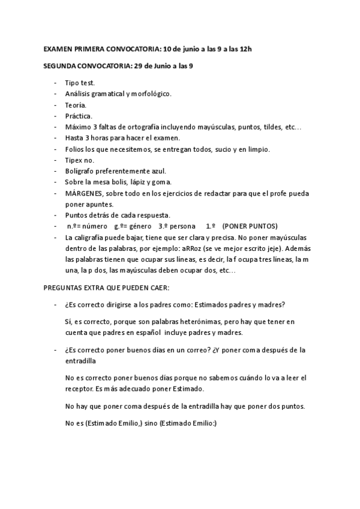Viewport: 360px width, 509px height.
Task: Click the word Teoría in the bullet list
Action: (x=76, y=104)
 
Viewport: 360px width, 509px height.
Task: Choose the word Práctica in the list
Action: (x=79, y=116)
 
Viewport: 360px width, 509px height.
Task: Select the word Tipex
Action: (x=74, y=160)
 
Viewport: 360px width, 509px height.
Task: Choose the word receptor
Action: (x=79, y=389)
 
